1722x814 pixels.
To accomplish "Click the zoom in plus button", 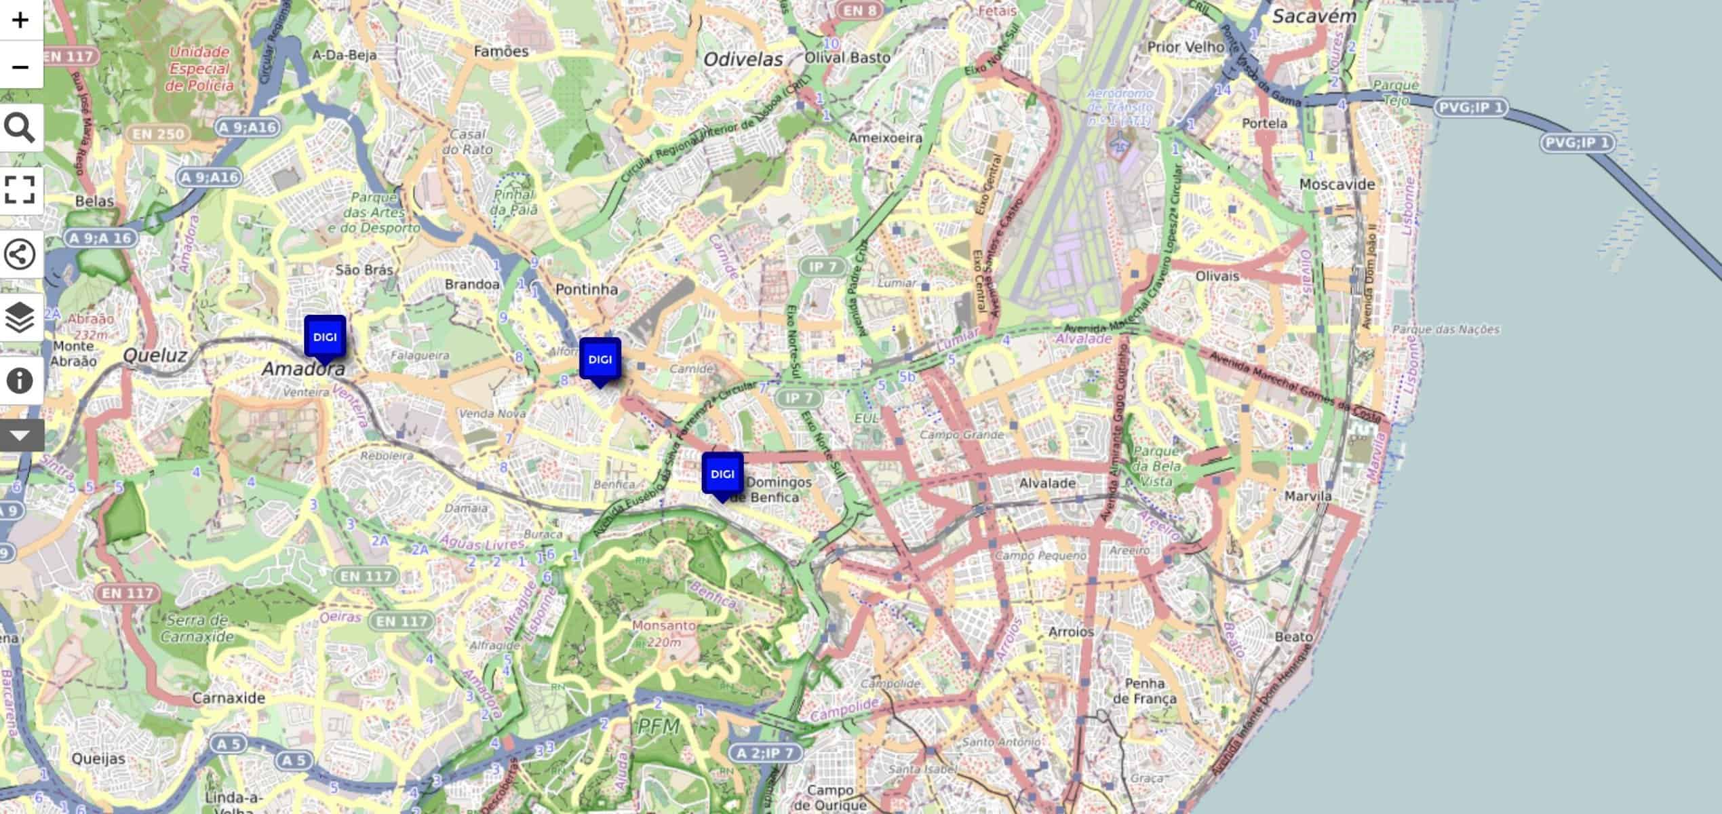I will [x=20, y=20].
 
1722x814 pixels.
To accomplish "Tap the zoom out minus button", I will [x=20, y=66].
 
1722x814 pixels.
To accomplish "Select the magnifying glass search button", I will [x=20, y=128].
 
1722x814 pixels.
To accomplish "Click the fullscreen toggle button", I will [x=20, y=190].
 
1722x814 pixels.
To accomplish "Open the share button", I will [x=20, y=254].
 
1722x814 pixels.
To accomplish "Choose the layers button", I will [x=20, y=317].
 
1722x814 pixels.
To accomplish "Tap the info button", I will [x=20, y=380].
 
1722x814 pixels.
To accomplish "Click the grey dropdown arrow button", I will [x=20, y=435].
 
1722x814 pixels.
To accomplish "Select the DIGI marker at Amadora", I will [x=325, y=337].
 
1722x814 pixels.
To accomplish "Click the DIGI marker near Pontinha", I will [x=600, y=360].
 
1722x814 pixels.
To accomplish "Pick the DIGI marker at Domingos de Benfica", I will [x=722, y=474].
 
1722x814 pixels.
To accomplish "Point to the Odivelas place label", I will [x=743, y=60].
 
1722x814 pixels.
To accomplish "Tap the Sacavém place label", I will [x=1314, y=17].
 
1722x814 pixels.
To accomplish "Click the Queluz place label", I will [x=155, y=355].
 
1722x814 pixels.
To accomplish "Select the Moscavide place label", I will [x=1337, y=184].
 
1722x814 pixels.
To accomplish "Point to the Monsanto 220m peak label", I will [x=664, y=633].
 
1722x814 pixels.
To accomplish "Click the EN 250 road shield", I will [x=158, y=134].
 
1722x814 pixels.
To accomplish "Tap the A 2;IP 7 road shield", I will [x=765, y=752].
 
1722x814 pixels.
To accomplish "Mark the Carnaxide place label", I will [x=229, y=697].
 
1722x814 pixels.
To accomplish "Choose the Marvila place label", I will [x=1308, y=496].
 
